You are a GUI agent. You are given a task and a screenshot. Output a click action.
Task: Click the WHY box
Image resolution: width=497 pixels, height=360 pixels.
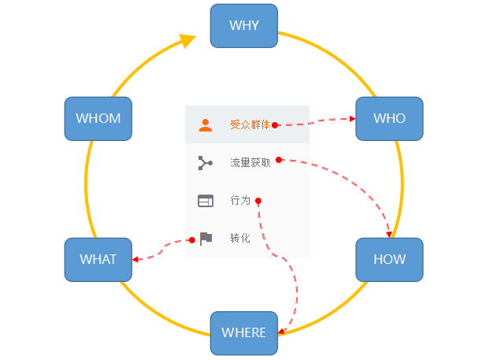tap(244, 25)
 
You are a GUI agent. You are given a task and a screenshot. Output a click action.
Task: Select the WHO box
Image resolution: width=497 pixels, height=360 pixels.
tap(389, 118)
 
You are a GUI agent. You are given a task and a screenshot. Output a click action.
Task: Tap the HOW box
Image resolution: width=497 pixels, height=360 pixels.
tap(389, 259)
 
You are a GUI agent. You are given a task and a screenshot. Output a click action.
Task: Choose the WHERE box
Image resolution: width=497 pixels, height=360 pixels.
tap(244, 332)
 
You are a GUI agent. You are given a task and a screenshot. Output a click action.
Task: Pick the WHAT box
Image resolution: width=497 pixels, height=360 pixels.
tap(98, 259)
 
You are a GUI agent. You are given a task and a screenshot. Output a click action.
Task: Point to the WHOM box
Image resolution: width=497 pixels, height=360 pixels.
tap(98, 118)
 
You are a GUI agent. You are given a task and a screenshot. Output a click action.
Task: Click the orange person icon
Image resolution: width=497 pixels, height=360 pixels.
tap(206, 124)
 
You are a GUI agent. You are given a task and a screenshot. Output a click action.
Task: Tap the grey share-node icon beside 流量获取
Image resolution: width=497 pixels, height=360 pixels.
tap(206, 163)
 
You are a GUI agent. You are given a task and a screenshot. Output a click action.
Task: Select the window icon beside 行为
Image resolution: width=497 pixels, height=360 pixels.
tap(206, 201)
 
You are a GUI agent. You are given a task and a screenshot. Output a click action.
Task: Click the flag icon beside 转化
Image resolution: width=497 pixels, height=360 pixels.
tap(206, 238)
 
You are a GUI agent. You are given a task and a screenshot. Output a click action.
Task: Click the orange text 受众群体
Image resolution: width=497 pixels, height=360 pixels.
tap(250, 124)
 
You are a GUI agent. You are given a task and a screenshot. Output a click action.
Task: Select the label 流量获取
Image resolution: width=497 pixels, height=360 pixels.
tap(250, 163)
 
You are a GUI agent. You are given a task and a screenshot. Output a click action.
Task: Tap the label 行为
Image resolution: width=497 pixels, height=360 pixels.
tap(240, 201)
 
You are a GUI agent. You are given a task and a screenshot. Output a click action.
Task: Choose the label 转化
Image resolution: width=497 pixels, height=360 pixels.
tap(240, 238)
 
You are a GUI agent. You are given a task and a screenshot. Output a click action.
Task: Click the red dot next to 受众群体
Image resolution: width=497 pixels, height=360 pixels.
tap(275, 124)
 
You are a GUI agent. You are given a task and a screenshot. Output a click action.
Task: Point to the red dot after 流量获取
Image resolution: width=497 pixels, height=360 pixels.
tap(280, 160)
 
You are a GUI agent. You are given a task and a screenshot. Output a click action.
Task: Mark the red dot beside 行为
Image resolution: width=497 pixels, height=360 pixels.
tap(258, 201)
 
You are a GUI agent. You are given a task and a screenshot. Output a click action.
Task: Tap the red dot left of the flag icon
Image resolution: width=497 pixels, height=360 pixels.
tap(191, 240)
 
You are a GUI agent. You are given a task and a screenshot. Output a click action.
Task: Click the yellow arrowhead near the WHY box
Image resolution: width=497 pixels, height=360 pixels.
tap(187, 40)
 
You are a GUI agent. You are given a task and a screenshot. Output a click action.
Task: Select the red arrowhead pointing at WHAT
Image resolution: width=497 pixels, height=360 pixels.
tap(136, 259)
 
